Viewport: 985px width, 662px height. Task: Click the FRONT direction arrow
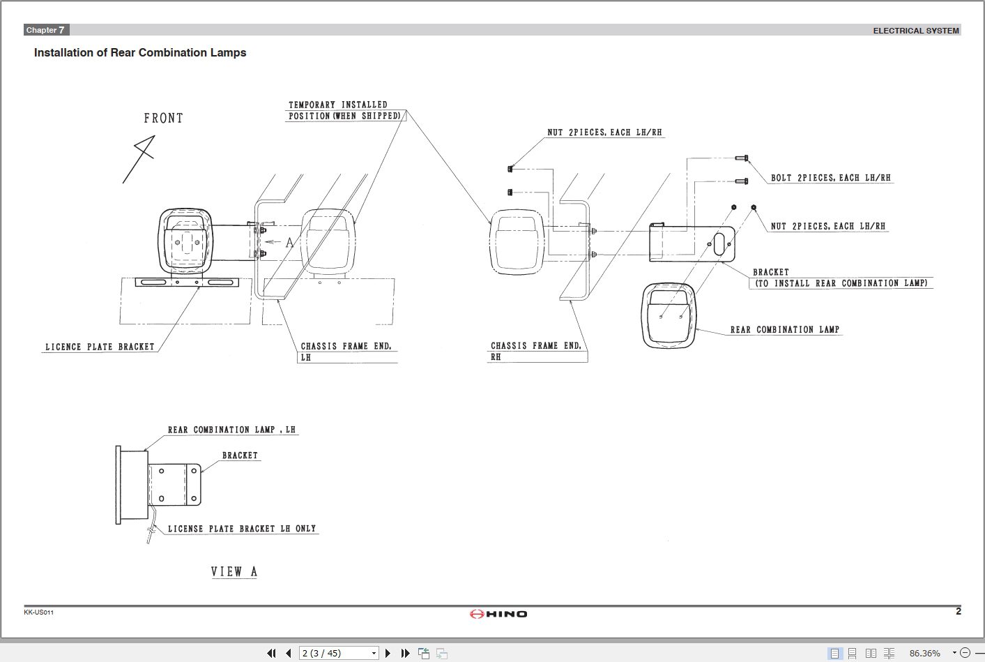point(139,158)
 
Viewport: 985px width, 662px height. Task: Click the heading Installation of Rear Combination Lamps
point(140,53)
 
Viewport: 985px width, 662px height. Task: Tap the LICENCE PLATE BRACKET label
point(100,347)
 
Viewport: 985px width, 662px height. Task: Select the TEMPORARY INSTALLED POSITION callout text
point(345,110)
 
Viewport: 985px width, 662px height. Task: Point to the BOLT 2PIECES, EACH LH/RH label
point(830,178)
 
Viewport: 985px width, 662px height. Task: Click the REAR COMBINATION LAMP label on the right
point(784,329)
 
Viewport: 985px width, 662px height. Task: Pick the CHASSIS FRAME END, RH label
point(535,351)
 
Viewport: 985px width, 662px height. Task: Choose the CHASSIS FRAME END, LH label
point(346,351)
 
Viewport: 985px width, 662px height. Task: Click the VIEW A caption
point(234,571)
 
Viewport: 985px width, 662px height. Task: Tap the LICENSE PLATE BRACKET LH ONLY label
point(241,529)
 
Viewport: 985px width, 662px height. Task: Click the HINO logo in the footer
point(498,614)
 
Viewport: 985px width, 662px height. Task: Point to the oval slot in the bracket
point(719,244)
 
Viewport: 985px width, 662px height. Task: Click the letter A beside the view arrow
point(290,243)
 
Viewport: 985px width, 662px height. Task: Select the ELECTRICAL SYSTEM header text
point(915,31)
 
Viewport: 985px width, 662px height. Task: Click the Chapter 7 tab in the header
point(46,30)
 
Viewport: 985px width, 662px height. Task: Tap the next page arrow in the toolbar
point(388,654)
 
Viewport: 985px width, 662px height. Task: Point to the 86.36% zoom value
point(924,654)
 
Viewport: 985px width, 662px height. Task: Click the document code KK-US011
point(38,612)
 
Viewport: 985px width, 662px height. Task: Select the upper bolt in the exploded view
point(742,158)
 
